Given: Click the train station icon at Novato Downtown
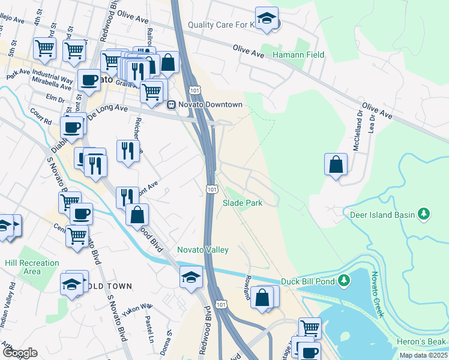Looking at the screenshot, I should (x=171, y=104).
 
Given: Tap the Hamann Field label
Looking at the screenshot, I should (x=298, y=55).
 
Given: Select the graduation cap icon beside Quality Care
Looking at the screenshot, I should (x=266, y=18).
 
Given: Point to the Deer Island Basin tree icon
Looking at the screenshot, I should (x=424, y=214).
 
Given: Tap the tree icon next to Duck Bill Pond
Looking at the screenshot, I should (x=344, y=280).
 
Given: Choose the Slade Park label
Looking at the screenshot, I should (x=243, y=203).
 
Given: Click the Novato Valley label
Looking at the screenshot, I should (x=202, y=250).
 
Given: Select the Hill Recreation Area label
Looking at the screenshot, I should (x=32, y=267).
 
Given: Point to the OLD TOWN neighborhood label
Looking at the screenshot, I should (x=112, y=286).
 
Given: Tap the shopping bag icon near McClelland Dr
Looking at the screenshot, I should (x=336, y=164).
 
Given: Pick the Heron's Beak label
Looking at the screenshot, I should (x=421, y=341).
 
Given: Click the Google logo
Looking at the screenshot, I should (x=20, y=353).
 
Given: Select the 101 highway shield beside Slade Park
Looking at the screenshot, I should (x=211, y=189).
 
